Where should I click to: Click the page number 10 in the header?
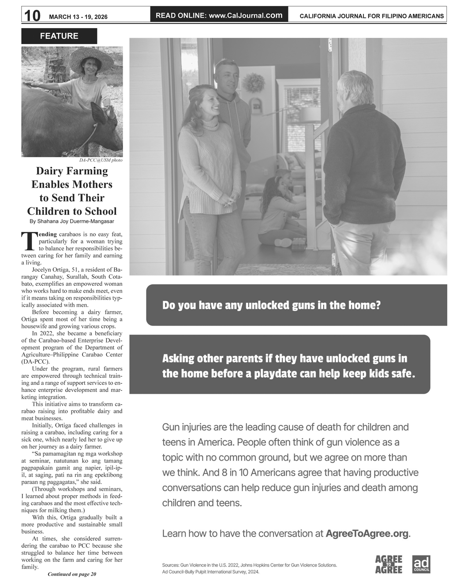tap(32, 16)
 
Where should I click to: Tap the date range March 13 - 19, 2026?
tap(78, 17)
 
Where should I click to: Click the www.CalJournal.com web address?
tap(245, 15)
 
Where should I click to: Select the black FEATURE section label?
tap(59, 36)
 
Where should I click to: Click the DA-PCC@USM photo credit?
tap(101, 160)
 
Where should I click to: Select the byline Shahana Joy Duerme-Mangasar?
tap(72, 221)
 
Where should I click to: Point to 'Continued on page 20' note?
tap(72, 574)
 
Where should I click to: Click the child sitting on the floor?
tap(277, 207)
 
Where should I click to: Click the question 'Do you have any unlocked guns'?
tap(271, 305)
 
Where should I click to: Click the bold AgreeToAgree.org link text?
tap(367, 534)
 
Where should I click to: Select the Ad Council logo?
tap(421, 564)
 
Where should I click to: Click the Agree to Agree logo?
tap(389, 564)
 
